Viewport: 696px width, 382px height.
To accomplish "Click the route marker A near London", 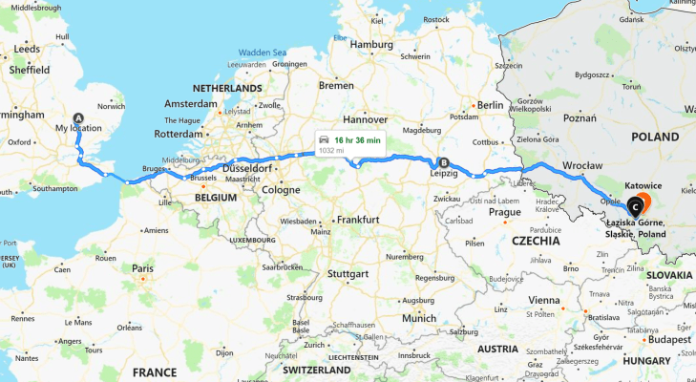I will tap(79, 117).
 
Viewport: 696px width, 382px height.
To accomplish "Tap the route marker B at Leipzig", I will tap(442, 161).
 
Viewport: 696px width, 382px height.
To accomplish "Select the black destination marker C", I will tap(635, 202).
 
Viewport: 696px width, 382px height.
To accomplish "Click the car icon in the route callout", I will tap(325, 140).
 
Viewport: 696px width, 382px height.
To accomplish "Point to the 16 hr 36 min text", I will tap(357, 140).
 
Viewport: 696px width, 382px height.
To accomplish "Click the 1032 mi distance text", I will tap(330, 150).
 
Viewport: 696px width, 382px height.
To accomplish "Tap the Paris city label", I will tap(143, 268).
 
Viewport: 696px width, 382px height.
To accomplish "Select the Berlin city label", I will tap(490, 105).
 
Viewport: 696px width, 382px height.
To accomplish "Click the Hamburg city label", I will tap(371, 44).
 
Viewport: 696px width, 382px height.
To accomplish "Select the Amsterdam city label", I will tap(191, 103).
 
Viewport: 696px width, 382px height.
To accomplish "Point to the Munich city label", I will tap(419, 318).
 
